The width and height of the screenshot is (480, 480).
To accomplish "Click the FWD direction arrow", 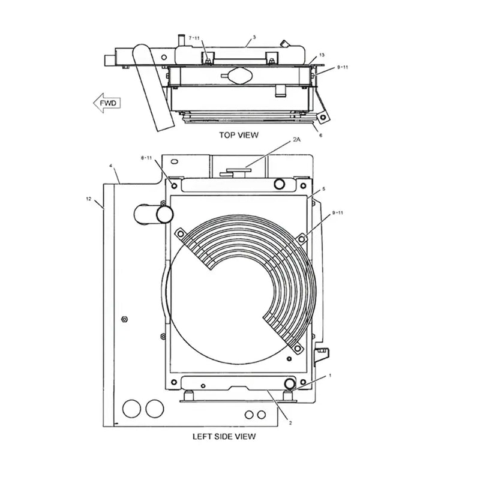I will (106, 103).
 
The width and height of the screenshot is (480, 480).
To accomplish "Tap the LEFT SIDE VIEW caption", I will (223, 436).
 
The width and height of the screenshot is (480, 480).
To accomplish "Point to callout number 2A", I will (296, 139).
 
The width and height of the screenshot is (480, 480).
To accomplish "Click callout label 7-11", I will (194, 38).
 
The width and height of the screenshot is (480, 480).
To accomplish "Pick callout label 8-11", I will (146, 158).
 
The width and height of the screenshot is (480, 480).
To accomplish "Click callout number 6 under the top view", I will (320, 136).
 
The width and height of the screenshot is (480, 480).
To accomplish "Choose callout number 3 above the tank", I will (254, 37).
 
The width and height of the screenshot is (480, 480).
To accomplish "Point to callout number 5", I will (323, 189).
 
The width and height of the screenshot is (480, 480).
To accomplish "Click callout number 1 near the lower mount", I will (329, 375).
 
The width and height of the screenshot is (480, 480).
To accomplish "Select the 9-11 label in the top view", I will (342, 67).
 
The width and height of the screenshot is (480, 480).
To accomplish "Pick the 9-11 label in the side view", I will (338, 212).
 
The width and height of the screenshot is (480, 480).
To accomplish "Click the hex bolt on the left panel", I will (124, 319).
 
